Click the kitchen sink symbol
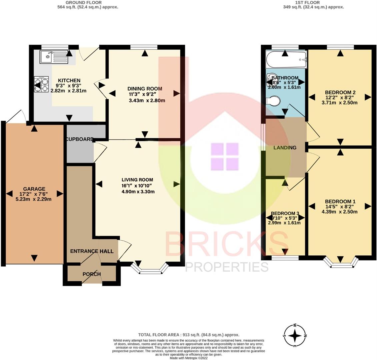53,57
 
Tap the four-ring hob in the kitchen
41,84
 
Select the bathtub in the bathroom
286,59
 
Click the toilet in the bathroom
274,101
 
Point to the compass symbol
295,335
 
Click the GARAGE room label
34,189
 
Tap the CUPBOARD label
80,139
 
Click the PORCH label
92,274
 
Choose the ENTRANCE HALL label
92,251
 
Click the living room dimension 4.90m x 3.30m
138,192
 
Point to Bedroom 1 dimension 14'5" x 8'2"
340,207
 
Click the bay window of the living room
149,269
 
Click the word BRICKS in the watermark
227,245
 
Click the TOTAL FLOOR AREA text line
189,335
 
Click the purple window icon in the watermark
225,156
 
